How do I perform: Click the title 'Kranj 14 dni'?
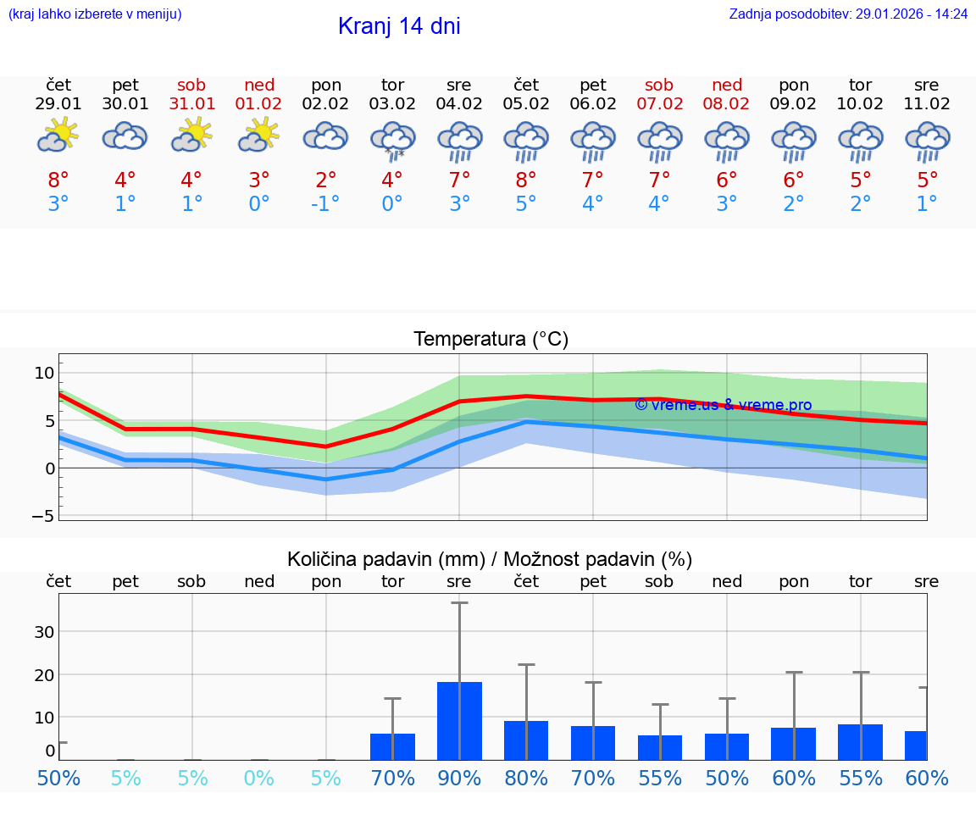click(399, 26)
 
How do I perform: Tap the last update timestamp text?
click(848, 14)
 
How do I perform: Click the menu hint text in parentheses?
click(94, 14)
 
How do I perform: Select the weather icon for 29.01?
click(58, 136)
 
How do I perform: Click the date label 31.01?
click(192, 104)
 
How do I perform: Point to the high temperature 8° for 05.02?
click(526, 180)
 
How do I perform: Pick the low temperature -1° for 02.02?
click(325, 204)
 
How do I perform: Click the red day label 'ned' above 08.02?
click(727, 85)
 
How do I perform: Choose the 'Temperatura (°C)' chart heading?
click(491, 340)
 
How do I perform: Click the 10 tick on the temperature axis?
click(45, 373)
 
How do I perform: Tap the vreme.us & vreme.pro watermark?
click(723, 405)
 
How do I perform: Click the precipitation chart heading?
click(490, 559)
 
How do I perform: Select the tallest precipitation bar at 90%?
click(459, 720)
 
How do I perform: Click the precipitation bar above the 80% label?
click(526, 740)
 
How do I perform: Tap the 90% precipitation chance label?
click(459, 778)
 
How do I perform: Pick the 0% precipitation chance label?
click(259, 778)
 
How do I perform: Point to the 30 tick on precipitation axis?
click(45, 632)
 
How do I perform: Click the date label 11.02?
click(928, 104)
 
